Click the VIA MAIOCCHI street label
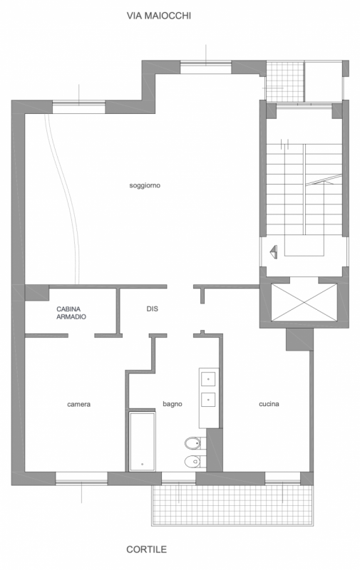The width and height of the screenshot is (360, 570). coord(158,16)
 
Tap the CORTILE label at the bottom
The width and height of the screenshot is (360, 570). coord(147,549)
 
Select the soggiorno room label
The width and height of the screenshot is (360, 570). coord(145,185)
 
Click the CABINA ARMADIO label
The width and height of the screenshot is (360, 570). coord(71,313)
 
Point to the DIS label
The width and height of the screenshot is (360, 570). coord(153,309)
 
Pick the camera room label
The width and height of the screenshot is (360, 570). coord(79,404)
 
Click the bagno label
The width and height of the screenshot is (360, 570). coord(173,404)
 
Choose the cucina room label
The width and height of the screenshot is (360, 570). coord(269,404)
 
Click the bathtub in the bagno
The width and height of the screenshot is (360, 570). coord(143,442)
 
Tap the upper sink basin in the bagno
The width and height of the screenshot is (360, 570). coord(208,379)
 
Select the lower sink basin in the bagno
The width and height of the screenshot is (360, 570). coord(208,400)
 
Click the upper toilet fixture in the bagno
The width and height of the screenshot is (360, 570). coord(195,443)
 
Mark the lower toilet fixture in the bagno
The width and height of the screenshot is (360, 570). coord(195,462)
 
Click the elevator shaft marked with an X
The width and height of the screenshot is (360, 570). coord(304,302)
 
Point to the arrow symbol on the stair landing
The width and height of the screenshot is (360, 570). coord(273,252)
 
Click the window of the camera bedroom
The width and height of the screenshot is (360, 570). coord(81,478)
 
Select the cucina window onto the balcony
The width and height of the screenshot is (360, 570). coord(282,478)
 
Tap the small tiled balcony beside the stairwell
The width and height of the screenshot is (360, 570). coord(285,81)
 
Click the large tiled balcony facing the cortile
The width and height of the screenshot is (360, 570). coord(232,505)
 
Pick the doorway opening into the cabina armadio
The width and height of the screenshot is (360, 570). coord(81,336)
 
